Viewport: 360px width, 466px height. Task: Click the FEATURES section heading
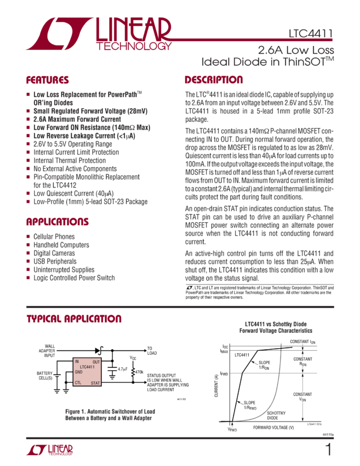48,79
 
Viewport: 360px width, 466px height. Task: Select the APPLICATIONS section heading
58,223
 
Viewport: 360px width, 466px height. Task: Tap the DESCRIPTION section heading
214,79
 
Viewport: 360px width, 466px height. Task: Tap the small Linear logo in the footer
49,451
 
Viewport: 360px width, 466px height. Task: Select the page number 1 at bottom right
328,451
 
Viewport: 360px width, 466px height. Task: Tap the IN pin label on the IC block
77,362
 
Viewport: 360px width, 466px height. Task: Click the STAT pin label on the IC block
95,382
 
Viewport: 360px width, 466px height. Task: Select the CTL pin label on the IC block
78,382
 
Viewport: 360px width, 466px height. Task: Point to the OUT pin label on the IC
96,362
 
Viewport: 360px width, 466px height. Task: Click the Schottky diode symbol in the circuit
99,349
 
